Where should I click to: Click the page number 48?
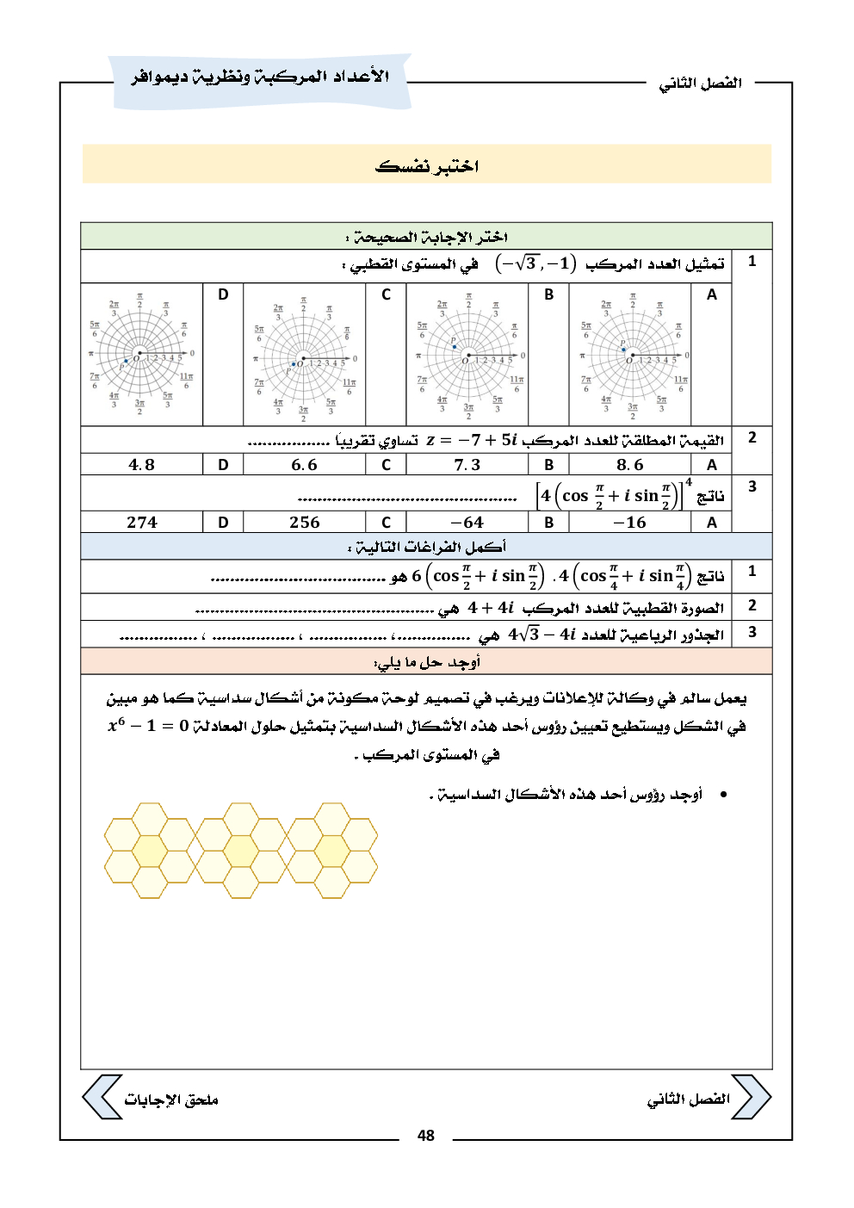[x=426, y=1135]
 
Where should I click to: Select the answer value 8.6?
[x=629, y=465]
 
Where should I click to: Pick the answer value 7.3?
[x=467, y=465]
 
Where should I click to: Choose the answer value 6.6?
[x=304, y=465]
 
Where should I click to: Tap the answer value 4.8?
[x=141, y=465]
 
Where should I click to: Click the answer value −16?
[x=629, y=523]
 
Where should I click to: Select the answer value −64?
[x=467, y=523]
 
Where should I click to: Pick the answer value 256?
[x=304, y=523]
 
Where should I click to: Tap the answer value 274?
[x=141, y=523]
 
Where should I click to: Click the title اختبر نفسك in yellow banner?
[x=427, y=165]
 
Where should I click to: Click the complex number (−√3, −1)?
[x=535, y=263]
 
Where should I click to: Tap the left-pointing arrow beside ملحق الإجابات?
[x=102, y=1097]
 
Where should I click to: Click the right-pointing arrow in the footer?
[x=751, y=1097]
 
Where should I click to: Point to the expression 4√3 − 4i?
[x=541, y=635]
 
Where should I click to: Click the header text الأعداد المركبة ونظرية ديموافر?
[x=260, y=77]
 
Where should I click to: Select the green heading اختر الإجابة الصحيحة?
[x=427, y=237]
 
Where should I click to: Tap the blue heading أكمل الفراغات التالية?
[x=427, y=547]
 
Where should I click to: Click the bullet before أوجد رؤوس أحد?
[x=723, y=794]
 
